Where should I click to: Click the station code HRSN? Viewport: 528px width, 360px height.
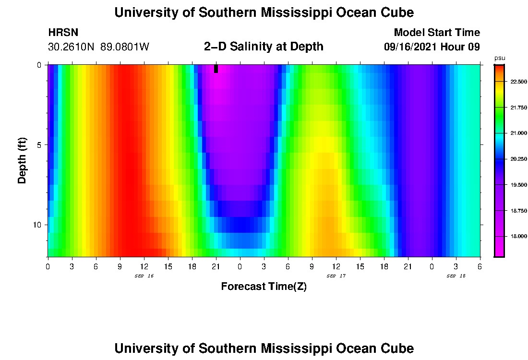[x=63, y=33]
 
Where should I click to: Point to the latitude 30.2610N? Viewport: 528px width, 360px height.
[x=72, y=47]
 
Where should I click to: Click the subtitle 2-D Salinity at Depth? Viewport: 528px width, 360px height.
[x=264, y=47]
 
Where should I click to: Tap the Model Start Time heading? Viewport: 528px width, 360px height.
[x=437, y=33]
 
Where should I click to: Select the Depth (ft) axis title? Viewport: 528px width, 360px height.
[x=22, y=161]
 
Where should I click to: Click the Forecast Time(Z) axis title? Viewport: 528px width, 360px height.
[x=264, y=287]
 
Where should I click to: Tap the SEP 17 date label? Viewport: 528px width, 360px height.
[x=336, y=276]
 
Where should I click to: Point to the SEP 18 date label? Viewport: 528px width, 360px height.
[x=456, y=276]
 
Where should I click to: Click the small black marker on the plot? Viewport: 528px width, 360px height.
[x=216, y=69]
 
